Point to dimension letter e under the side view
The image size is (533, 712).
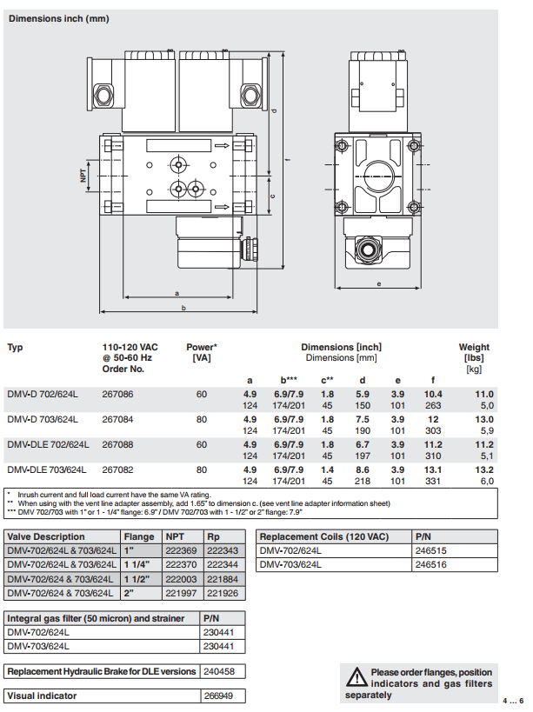[380, 283]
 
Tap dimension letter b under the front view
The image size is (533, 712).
[183, 307]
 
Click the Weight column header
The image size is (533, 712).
[474, 348]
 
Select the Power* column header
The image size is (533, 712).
[202, 348]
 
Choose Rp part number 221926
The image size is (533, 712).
[222, 593]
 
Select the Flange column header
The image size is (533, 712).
[139, 537]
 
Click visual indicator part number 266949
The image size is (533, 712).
[219, 695]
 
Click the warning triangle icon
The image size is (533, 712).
[355, 676]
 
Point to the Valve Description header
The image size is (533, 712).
[46, 537]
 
